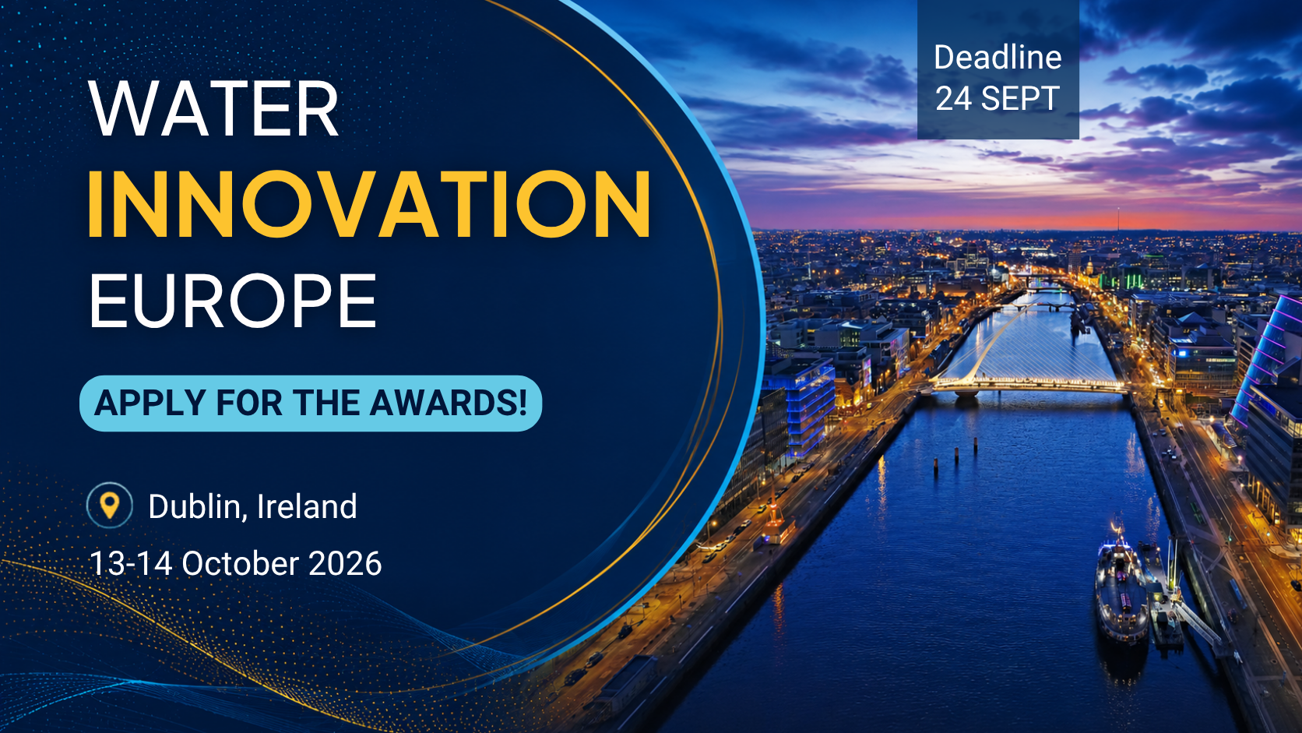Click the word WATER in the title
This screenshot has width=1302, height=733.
pyautogui.click(x=213, y=109)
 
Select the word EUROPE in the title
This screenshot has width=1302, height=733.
pyautogui.click(x=233, y=301)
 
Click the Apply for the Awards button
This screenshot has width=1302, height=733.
pyautogui.click(x=311, y=404)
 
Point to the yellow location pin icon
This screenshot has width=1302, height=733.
pyautogui.click(x=109, y=505)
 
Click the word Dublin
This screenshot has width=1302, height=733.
pyautogui.click(x=194, y=506)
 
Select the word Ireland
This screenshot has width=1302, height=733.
pyautogui.click(x=306, y=506)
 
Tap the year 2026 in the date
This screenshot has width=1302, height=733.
pyautogui.click(x=345, y=564)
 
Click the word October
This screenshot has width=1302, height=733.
pyautogui.click(x=240, y=564)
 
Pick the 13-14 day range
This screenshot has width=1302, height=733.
pyautogui.click(x=131, y=564)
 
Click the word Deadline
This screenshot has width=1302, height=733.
pyautogui.click(x=998, y=58)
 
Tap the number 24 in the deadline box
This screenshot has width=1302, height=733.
pyautogui.click(x=953, y=98)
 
